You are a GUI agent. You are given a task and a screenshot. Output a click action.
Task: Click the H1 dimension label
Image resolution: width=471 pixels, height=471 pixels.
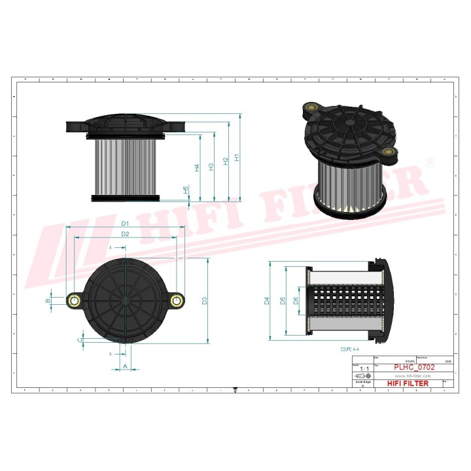point(237,157)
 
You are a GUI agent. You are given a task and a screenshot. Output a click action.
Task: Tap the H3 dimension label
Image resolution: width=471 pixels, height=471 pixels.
point(211,167)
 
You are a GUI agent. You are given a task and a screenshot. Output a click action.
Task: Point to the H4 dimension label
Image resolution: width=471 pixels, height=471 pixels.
point(197,168)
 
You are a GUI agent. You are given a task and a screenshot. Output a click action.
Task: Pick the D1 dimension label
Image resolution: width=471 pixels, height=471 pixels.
point(125,224)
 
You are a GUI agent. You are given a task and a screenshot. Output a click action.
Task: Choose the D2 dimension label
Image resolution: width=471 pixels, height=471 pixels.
point(125,234)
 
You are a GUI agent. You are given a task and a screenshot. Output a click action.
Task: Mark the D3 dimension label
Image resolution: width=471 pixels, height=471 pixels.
point(204,301)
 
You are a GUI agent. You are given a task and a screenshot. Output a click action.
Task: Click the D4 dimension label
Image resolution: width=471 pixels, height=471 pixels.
point(266,301)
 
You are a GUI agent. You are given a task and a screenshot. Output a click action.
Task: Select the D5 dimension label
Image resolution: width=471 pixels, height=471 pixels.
point(283,301)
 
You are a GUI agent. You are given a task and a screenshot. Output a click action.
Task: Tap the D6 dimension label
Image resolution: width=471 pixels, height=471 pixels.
point(296,301)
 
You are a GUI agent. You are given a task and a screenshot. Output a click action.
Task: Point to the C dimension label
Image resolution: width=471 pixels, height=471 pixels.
point(80,340)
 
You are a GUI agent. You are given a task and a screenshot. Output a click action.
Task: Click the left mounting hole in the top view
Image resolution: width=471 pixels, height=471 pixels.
point(75,300)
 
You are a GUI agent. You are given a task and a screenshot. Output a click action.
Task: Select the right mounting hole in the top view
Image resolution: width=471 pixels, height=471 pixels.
point(175,300)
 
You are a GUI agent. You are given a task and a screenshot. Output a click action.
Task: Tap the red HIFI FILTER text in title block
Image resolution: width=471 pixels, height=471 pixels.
point(408,383)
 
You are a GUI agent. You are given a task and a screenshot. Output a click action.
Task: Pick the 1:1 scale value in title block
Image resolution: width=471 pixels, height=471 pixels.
point(362,369)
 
